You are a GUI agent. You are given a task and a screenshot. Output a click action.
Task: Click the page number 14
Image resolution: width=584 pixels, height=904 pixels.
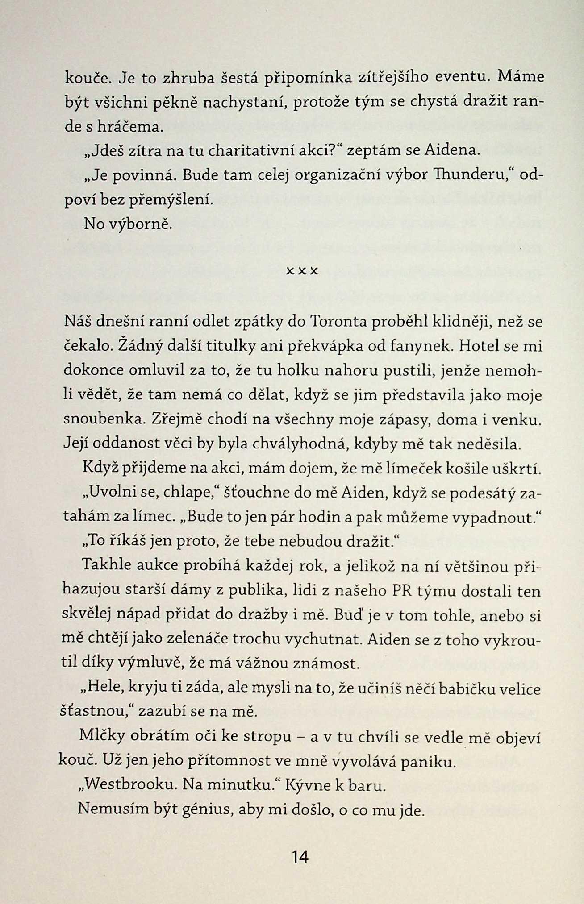coord(300,857)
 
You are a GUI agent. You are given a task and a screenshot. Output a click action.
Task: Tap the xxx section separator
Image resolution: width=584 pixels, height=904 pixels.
coord(301,271)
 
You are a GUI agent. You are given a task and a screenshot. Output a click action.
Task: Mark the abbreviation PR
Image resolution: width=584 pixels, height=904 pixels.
coord(401,591)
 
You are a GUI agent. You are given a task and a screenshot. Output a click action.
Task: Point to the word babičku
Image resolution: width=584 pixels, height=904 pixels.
coord(465,688)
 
